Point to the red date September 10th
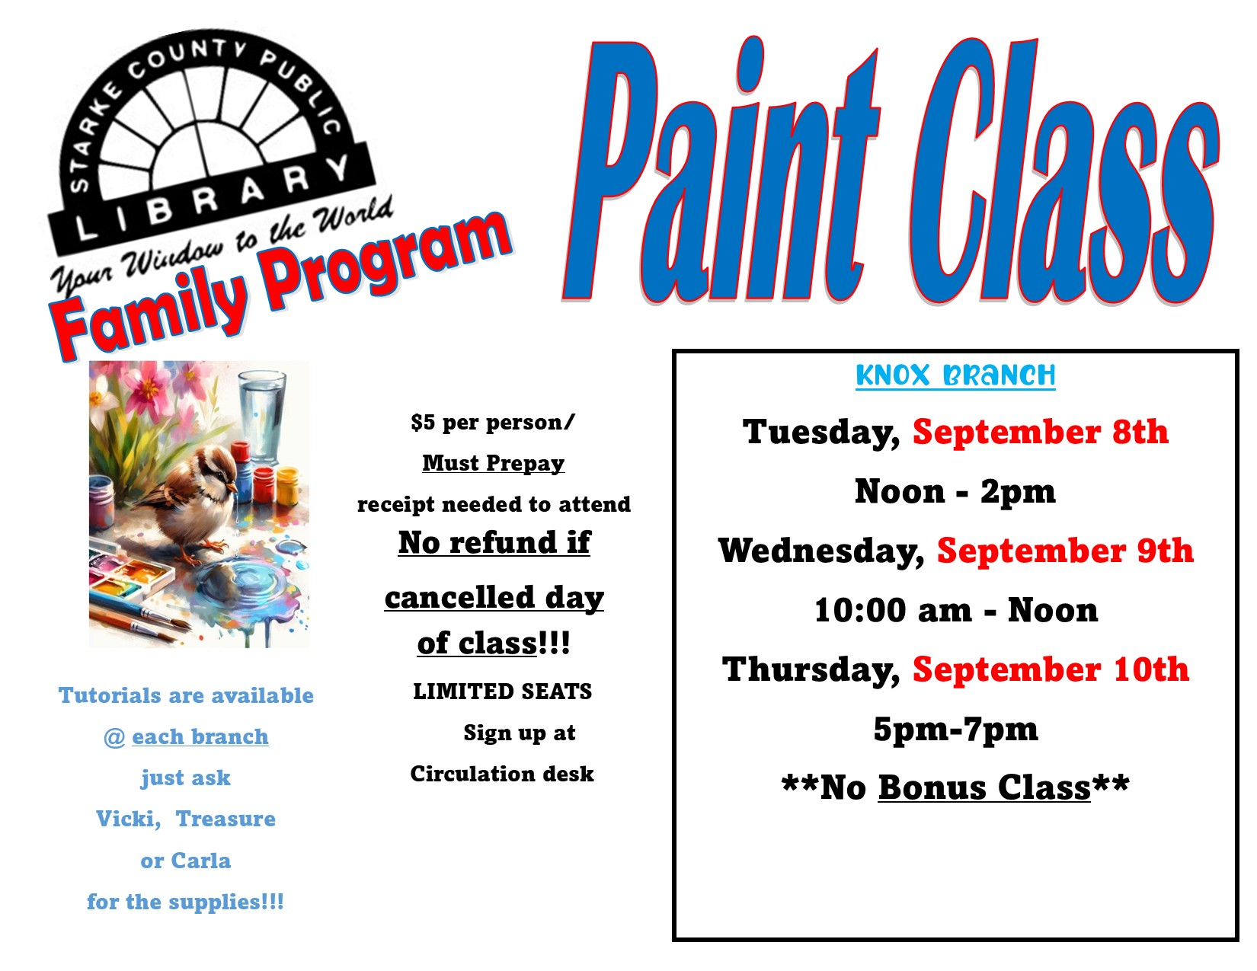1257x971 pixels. click(x=1051, y=669)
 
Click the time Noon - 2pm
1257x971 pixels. click(x=955, y=491)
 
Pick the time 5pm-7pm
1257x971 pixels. click(x=955, y=730)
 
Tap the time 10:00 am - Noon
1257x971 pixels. click(x=955, y=610)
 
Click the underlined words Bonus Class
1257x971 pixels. click(x=984, y=787)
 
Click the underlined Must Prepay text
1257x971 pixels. click(x=494, y=463)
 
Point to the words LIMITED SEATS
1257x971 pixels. click(x=502, y=692)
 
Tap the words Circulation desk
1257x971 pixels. click(x=502, y=774)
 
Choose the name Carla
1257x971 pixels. click(x=203, y=861)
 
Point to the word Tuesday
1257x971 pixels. click(x=820, y=433)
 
